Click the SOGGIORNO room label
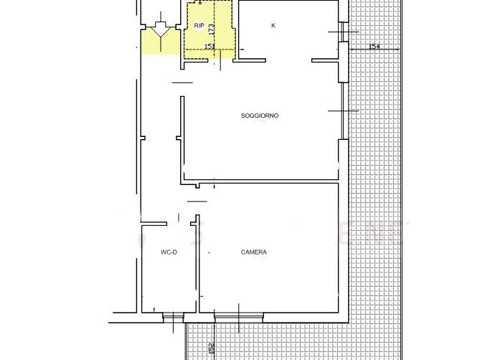tap(259, 115)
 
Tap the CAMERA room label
tap(254, 252)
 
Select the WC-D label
tap(169, 252)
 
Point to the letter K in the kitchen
tap(273, 26)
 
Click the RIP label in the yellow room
tap(199, 26)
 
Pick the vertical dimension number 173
tap(212, 29)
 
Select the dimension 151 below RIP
tap(210, 47)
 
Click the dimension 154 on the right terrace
tap(374, 47)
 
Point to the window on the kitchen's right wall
tap(342, 32)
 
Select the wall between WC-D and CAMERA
tap(197, 265)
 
